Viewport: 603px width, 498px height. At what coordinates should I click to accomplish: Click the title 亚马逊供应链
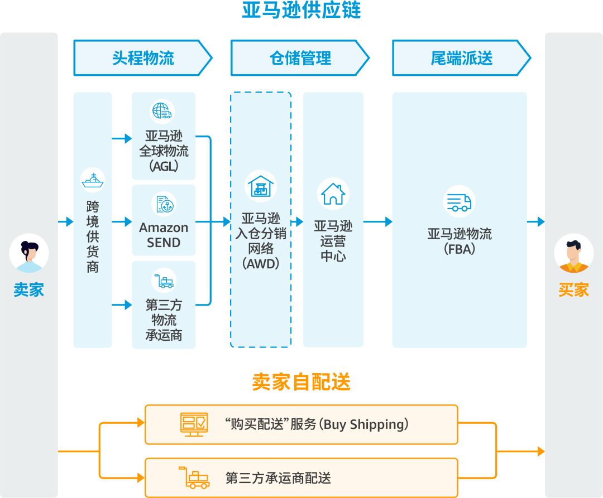pyautogui.click(x=301, y=10)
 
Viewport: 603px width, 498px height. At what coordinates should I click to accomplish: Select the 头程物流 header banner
pyautogui.click(x=142, y=58)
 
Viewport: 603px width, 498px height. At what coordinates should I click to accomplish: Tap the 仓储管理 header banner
pyautogui.click(x=300, y=58)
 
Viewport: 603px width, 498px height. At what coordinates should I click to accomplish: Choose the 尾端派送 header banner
pyautogui.click(x=461, y=58)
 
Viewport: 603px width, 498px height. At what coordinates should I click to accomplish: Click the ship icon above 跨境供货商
pyautogui.click(x=93, y=180)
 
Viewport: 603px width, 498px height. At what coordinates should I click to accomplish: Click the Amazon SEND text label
pyautogui.click(x=164, y=235)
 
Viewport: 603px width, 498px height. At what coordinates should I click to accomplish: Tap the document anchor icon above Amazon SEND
pyautogui.click(x=164, y=204)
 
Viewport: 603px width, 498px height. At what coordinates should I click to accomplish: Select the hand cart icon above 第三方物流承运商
pyautogui.click(x=164, y=281)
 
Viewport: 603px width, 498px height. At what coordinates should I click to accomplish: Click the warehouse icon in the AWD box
pyautogui.click(x=261, y=186)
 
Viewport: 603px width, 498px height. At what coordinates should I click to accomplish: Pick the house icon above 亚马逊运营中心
pyautogui.click(x=333, y=194)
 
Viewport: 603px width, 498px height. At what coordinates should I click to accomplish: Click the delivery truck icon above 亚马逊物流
pyautogui.click(x=459, y=201)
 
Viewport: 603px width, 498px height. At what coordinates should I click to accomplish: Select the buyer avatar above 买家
pyautogui.click(x=573, y=254)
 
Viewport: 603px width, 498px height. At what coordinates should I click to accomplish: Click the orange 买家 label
pyautogui.click(x=573, y=290)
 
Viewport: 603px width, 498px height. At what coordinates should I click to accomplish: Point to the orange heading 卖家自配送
pyautogui.click(x=301, y=382)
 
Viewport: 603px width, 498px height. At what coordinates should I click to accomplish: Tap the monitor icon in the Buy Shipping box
pyautogui.click(x=194, y=424)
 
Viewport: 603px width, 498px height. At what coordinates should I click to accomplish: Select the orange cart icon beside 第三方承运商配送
pyautogui.click(x=194, y=478)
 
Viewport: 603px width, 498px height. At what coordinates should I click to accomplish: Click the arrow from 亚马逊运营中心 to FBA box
pyautogui.click(x=377, y=223)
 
